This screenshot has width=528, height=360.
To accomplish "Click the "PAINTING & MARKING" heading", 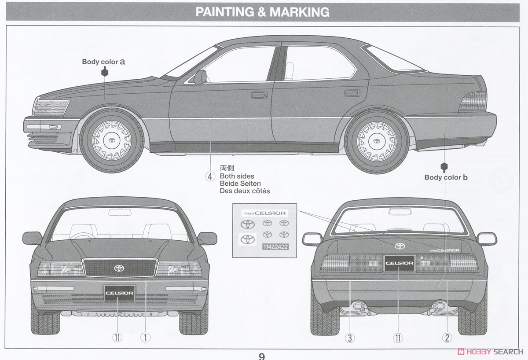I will click(262, 12).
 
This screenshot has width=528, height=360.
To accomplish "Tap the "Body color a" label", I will click(103, 62).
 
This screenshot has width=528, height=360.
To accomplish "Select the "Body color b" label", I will click(446, 177).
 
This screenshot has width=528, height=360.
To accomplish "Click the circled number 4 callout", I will click(210, 176).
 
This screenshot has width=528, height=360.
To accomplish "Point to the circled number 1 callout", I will click(145, 338).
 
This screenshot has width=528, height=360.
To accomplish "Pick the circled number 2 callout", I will click(447, 338).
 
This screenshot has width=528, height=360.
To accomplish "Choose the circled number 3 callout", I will click(349, 338).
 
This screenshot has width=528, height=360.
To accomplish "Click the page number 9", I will click(262, 356).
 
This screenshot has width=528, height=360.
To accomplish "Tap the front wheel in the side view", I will click(111, 140).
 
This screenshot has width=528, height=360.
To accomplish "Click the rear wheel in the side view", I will click(377, 141).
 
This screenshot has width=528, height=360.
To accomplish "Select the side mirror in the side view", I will click(200, 77).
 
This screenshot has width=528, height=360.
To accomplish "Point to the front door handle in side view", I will click(259, 94).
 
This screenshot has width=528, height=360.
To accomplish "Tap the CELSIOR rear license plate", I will click(399, 264).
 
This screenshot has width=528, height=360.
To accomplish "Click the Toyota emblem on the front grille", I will click(119, 268).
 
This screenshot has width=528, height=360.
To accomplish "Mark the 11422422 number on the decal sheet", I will click(275, 247).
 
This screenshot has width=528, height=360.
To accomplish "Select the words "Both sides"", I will click(237, 176).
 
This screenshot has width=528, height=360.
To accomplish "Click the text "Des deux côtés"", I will click(245, 191).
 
